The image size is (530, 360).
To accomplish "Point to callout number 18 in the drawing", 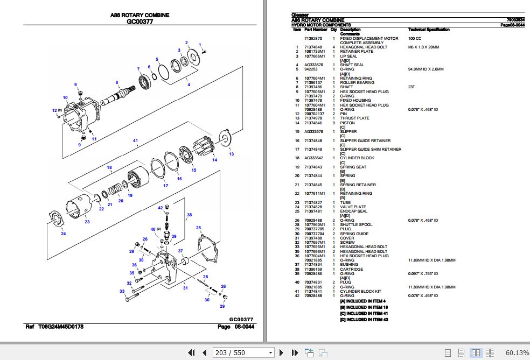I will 109,167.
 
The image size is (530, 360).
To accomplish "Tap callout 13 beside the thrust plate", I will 232,154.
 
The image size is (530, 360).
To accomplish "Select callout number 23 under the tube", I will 87,221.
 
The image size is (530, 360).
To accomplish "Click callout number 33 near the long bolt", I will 122,292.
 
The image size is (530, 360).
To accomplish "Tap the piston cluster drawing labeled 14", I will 208,146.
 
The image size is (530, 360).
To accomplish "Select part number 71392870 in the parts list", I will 313,39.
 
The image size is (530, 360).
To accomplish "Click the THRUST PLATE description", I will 354,118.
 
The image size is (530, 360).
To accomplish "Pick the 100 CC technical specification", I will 415,39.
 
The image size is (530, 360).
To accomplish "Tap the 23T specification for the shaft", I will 412,87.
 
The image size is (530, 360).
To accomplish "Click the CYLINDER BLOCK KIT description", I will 360,291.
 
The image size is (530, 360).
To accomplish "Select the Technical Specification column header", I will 429,30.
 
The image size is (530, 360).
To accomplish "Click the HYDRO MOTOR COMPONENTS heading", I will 321,25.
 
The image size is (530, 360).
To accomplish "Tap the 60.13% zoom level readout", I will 517,352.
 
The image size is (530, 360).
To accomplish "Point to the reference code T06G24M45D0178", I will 60,327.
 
